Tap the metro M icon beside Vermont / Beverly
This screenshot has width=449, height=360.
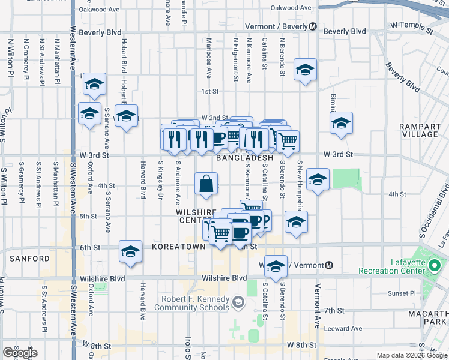(x=313, y=27)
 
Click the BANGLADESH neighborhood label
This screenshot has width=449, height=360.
(x=244, y=158)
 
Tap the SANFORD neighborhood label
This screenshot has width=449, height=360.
(x=29, y=259)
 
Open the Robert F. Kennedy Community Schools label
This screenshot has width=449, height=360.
(x=192, y=303)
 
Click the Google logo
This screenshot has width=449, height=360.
(x=20, y=353)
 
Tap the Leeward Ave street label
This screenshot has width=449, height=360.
(x=343, y=328)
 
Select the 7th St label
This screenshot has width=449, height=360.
(x=334, y=311)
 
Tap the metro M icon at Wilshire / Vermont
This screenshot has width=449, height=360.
(x=328, y=265)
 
